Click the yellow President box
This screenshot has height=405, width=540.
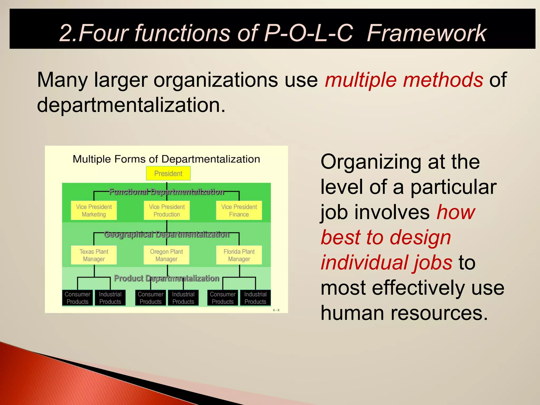[168, 173]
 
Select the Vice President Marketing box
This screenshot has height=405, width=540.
[94, 210]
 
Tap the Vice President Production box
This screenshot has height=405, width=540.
[167, 210]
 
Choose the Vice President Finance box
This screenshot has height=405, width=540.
[239, 210]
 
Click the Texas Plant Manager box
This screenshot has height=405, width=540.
[94, 255]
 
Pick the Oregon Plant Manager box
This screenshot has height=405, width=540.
[166, 255]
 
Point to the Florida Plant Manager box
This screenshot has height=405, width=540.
[239, 255]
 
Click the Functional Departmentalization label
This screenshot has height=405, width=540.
[166, 192]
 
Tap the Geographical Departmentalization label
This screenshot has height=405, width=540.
[166, 234]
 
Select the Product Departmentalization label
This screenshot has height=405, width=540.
[166, 278]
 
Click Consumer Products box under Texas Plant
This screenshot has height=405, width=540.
[78, 298]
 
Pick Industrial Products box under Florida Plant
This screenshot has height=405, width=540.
[255, 298]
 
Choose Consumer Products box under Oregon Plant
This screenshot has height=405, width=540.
[151, 298]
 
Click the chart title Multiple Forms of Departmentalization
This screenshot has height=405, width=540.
[166, 159]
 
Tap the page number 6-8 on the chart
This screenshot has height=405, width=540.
[276, 310]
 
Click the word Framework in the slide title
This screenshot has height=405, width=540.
[426, 33]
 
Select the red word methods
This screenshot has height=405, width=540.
[443, 80]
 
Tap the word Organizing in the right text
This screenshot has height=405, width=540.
[371, 162]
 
